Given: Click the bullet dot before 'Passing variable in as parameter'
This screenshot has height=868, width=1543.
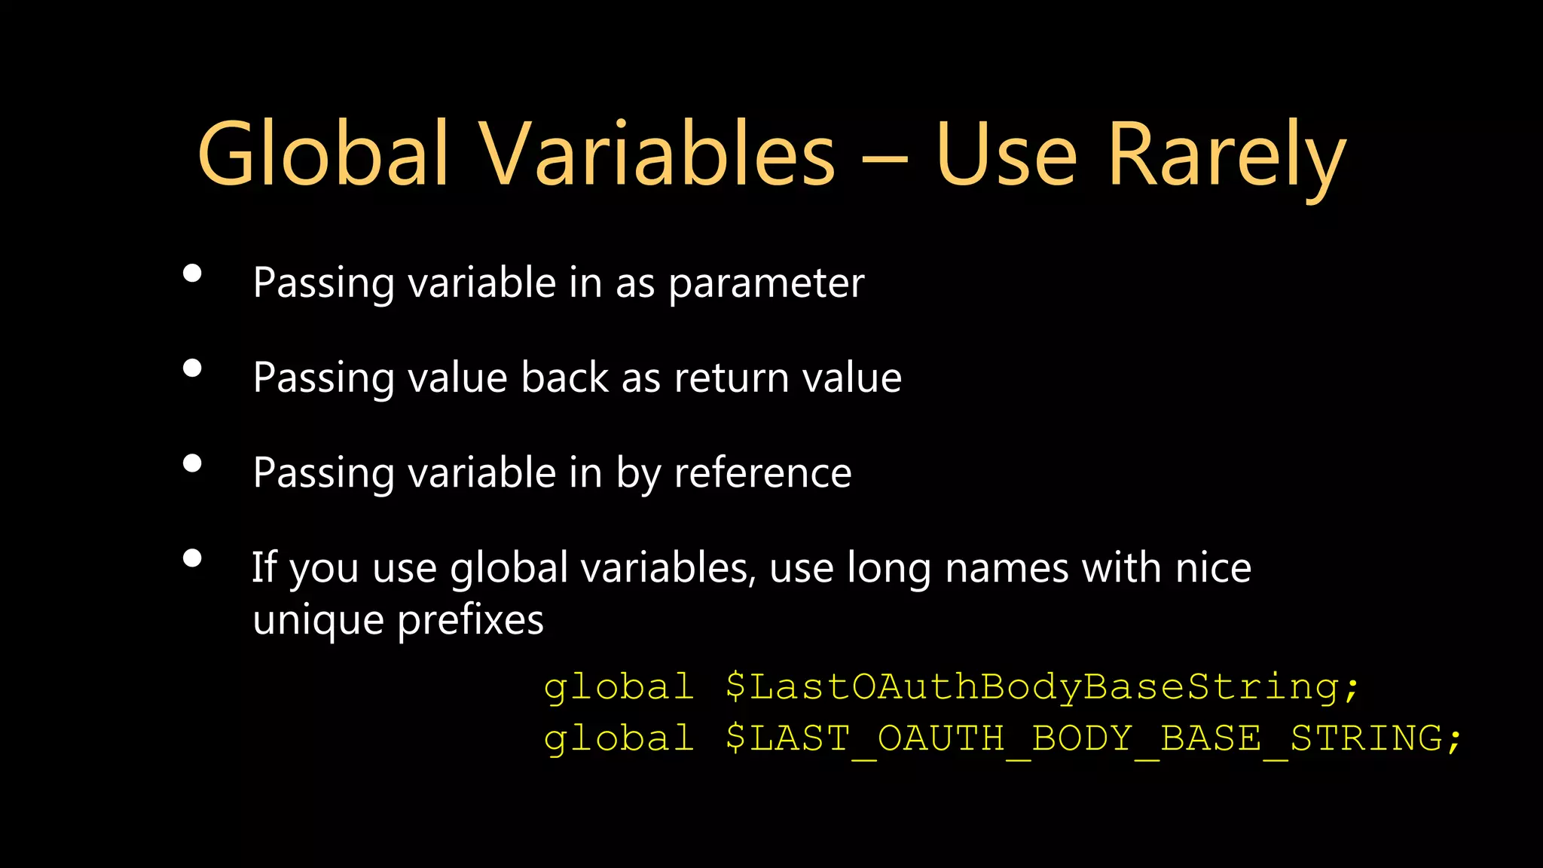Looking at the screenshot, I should pyautogui.click(x=192, y=274).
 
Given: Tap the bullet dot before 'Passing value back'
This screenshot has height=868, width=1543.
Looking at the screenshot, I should pyautogui.click(x=192, y=368).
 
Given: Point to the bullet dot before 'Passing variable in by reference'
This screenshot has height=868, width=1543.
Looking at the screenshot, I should pyautogui.click(x=192, y=463).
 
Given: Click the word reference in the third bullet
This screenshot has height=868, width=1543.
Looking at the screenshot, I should pyautogui.click(x=762, y=473).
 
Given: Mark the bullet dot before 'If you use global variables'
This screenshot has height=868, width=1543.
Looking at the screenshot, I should pyautogui.click(x=192, y=558).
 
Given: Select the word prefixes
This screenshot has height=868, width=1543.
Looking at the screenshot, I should pyautogui.click(x=470, y=621).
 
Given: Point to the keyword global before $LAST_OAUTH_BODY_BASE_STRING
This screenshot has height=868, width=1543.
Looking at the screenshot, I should pyautogui.click(x=619, y=738).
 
